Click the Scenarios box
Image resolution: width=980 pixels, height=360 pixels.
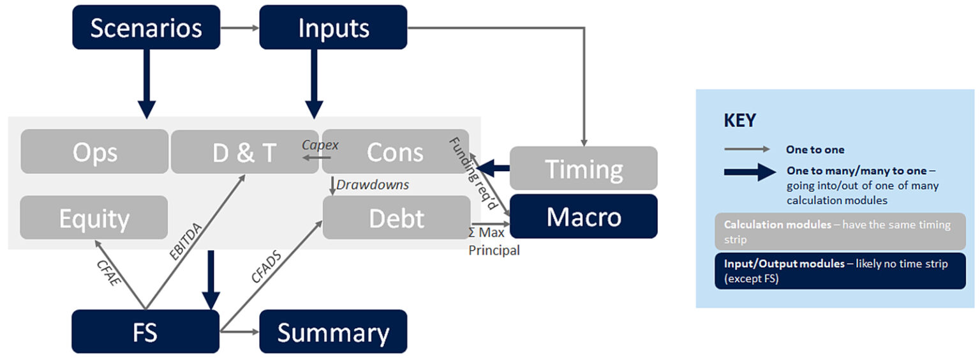click(x=146, y=27)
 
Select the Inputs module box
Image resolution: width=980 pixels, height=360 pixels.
click(x=333, y=27)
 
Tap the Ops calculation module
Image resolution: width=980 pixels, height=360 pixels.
click(x=94, y=152)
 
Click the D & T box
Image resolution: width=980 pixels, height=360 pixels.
click(x=244, y=152)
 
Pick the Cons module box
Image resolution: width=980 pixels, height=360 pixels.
click(x=395, y=152)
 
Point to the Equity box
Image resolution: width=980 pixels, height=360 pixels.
click(x=94, y=218)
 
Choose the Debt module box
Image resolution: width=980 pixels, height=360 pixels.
click(x=396, y=218)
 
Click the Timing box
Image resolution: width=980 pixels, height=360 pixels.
click(x=583, y=169)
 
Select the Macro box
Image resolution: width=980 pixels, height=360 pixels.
click(x=583, y=217)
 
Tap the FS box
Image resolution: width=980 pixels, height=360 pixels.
click(x=145, y=332)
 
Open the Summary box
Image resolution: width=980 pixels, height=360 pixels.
click(x=333, y=332)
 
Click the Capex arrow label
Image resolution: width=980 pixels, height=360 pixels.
click(x=320, y=146)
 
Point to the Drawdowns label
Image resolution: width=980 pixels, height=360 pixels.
click(x=373, y=184)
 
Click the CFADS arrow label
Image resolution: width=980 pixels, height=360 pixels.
click(x=266, y=266)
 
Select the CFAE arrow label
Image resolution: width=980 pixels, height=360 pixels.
click(x=112, y=271)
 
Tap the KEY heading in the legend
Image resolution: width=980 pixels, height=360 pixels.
click(x=740, y=121)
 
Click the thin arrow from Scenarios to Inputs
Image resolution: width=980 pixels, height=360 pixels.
click(x=240, y=27)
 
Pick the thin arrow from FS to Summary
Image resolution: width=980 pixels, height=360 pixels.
click(x=239, y=332)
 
